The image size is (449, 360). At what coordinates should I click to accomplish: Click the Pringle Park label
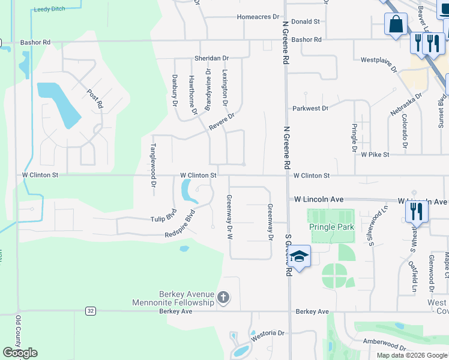[331, 227]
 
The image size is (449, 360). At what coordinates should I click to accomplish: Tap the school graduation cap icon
[298, 257]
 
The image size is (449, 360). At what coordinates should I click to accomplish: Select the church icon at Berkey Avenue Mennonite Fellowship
[223, 297]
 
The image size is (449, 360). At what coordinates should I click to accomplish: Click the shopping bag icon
[396, 25]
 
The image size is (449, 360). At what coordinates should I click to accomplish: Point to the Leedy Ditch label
[49, 10]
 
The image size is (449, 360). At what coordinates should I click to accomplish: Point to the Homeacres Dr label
[259, 17]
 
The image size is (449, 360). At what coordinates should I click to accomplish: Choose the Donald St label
[306, 22]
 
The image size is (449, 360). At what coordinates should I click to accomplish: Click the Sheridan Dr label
[211, 58]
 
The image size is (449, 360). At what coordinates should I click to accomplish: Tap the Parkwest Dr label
[310, 109]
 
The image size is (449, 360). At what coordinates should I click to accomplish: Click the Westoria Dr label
[267, 332]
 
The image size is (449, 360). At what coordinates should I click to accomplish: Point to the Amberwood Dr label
[384, 345]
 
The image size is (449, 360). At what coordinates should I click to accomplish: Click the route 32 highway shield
[90, 311]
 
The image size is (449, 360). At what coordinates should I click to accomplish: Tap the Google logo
[20, 353]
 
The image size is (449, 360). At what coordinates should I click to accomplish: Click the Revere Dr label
[221, 122]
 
